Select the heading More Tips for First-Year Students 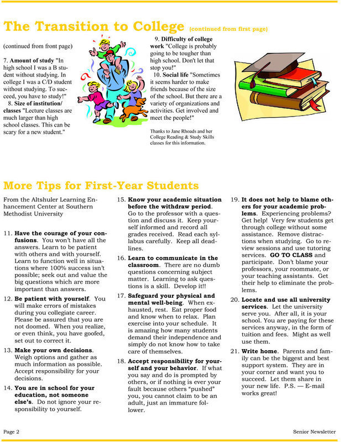coord(101,185)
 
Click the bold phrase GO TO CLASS coord(291,256)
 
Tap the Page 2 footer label coord(12,432)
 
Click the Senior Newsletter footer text coord(314,432)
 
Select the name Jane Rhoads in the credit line coord(186,131)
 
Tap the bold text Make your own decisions coord(54,350)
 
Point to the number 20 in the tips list coord(234,299)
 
